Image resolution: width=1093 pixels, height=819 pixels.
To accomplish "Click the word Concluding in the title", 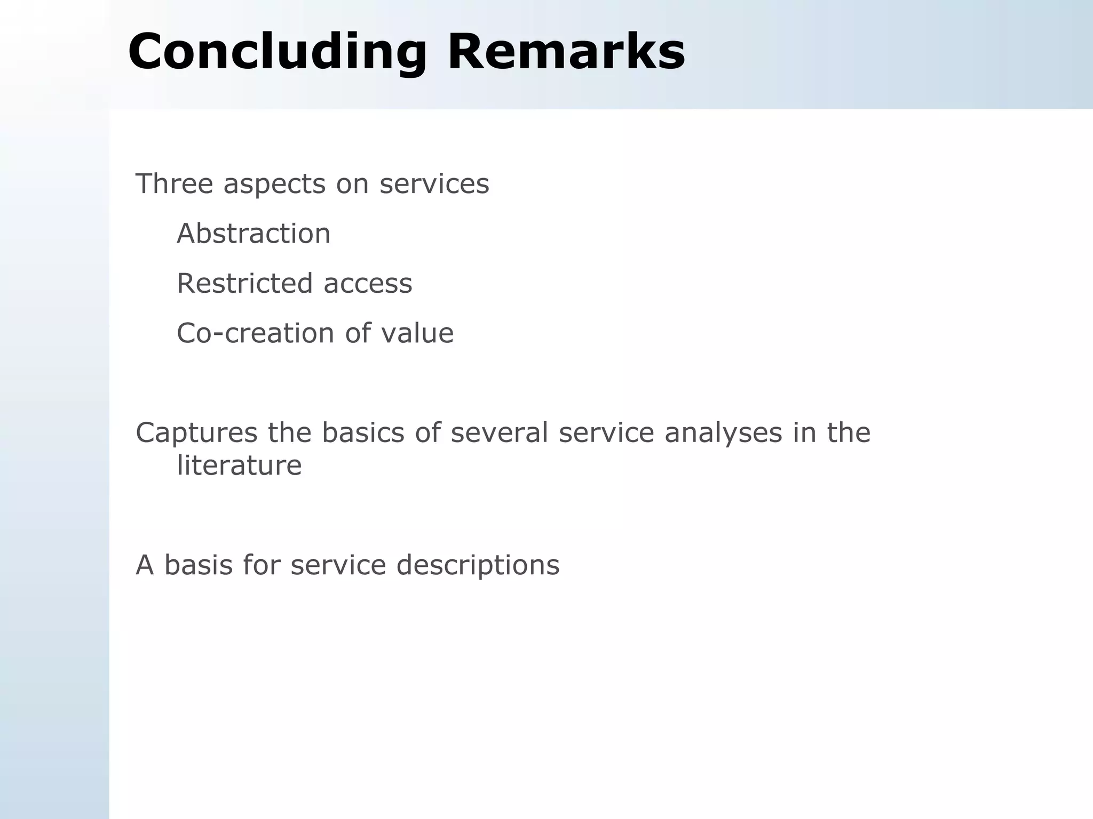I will coord(277,52).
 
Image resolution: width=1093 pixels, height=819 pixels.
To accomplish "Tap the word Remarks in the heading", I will coord(566,52).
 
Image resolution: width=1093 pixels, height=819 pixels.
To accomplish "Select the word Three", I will coord(174,183).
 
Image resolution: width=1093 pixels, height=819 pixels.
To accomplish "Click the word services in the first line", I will coord(434,183).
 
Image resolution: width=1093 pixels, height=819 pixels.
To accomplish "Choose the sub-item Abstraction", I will coord(254,234).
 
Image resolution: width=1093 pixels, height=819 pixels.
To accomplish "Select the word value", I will coord(417,333).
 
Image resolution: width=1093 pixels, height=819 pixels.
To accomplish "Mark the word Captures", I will coord(196,432).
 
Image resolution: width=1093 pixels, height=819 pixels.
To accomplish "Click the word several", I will coord(500,432).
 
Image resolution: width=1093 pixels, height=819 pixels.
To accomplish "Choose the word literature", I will coord(239,465).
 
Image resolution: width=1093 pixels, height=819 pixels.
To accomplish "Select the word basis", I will coord(198,565).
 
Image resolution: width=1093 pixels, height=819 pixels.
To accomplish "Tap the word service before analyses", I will coord(606,432).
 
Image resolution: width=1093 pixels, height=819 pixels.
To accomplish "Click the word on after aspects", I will coord(352,184).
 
